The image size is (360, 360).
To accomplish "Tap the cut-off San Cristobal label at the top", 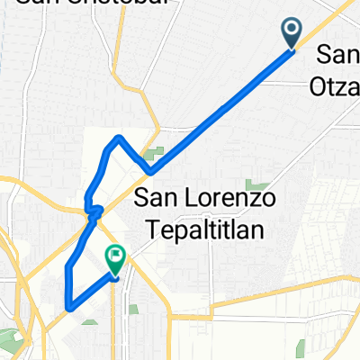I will tap(67, 4).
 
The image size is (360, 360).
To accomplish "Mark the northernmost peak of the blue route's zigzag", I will tap(119, 137).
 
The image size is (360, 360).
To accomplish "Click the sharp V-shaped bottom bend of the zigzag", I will tap(149, 171).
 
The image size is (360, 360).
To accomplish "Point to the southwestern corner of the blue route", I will tap(67, 307).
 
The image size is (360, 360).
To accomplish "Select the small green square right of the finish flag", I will tap(133, 310).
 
